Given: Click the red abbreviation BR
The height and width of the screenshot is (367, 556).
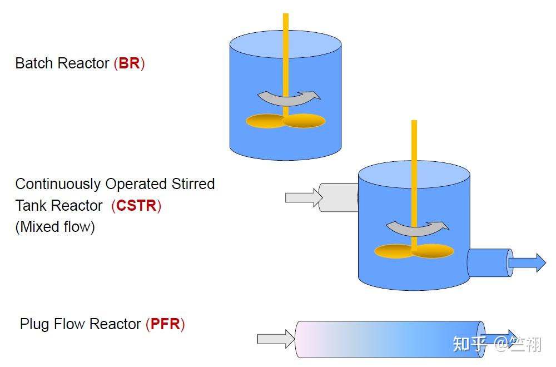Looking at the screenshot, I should (x=129, y=63).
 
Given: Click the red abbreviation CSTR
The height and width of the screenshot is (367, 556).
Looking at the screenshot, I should (x=136, y=206).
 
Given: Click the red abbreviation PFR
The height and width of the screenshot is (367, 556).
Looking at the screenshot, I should (x=165, y=324).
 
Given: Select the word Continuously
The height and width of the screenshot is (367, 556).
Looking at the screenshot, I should (x=58, y=184).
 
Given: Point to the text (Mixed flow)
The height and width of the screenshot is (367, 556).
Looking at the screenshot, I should (x=55, y=227).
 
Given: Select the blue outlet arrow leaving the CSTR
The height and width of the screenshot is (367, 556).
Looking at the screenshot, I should (x=527, y=262).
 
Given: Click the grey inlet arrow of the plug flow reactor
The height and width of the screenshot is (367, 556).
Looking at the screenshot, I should (x=275, y=339).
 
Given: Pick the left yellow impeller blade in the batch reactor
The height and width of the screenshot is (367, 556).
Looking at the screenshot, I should (x=265, y=121).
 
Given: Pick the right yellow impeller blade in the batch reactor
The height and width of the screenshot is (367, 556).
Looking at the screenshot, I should (x=305, y=120).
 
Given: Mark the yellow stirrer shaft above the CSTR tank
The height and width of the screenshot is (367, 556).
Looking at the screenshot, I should (x=414, y=139).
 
